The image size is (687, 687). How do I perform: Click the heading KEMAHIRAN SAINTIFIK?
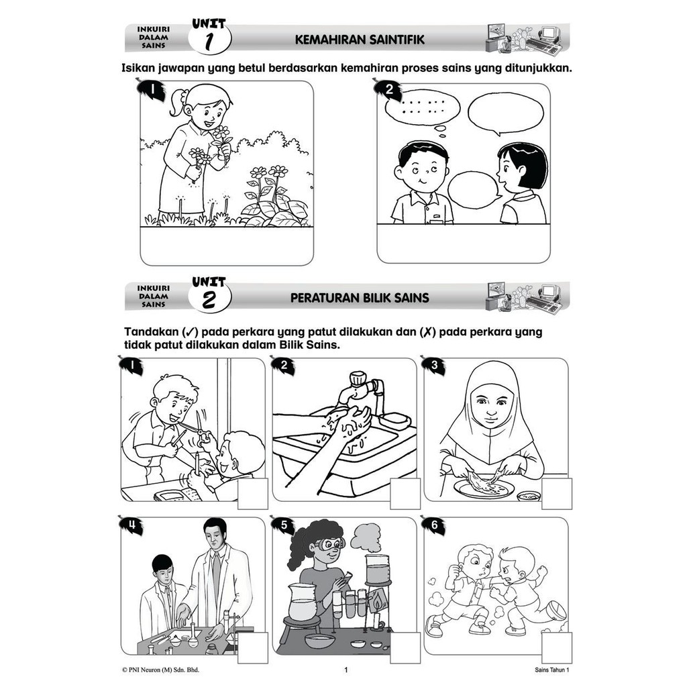tap(360, 40)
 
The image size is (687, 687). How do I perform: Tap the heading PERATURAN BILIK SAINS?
tap(360, 299)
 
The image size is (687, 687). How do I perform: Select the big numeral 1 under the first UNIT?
tap(209, 42)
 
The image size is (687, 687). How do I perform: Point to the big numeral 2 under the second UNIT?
tap(209, 301)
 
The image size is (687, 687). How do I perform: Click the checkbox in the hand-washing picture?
tap(405, 494)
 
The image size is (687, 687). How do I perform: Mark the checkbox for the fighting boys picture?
tap(556, 647)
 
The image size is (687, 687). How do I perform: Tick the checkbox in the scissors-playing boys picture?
tap(253, 494)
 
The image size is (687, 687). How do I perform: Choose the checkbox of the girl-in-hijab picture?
tap(556, 494)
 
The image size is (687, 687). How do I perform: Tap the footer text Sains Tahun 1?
tap(552, 670)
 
